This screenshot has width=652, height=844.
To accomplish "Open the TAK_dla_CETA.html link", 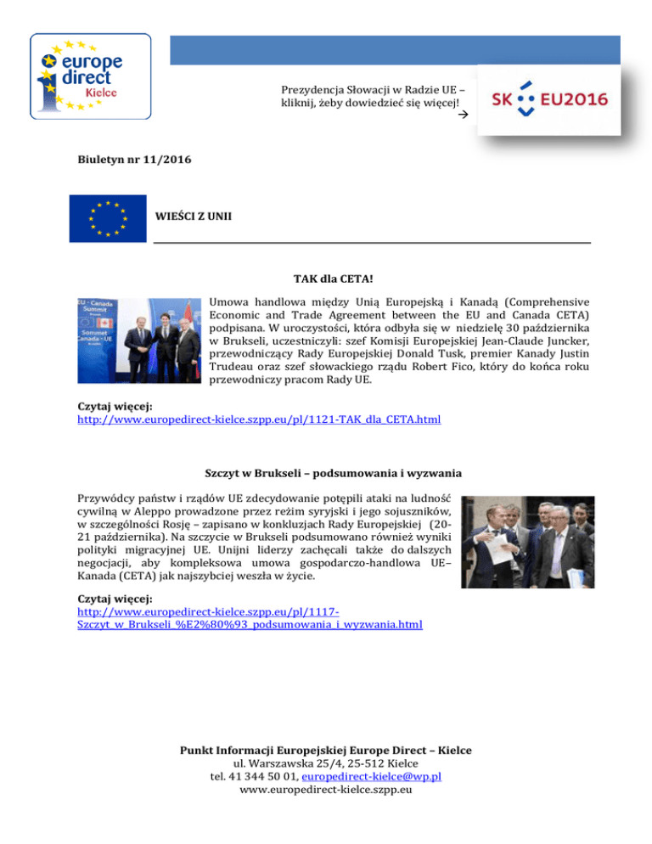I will click(259, 419).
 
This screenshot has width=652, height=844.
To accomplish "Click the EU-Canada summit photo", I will click(137, 342).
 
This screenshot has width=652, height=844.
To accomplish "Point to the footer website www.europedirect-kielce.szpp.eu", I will click(326, 790).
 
